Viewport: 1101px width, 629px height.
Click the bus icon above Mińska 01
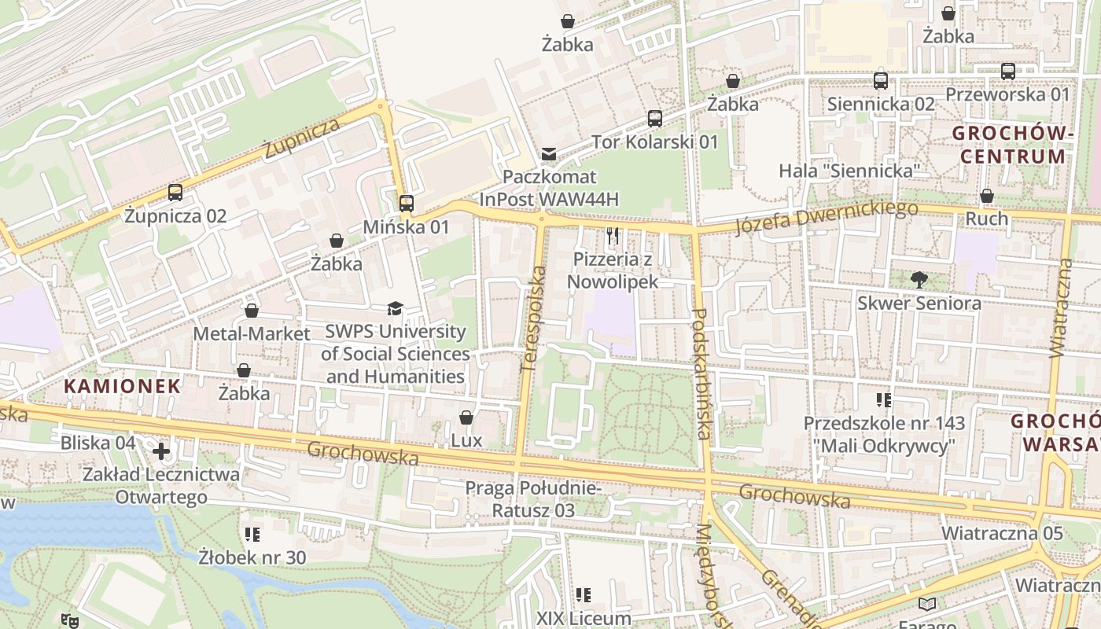point(406,204)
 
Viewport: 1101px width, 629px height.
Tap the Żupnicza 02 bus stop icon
point(175,193)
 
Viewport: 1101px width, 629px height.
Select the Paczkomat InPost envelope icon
point(549,154)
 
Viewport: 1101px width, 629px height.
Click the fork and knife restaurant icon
point(613,235)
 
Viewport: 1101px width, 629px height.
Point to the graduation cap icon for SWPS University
point(395,309)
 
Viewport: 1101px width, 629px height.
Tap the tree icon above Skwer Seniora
point(919,279)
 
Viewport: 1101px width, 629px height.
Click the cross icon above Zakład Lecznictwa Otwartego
point(161,451)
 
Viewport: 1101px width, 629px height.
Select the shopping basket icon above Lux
point(466,417)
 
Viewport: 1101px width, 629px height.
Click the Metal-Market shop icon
point(252,311)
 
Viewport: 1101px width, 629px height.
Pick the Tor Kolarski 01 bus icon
point(655,119)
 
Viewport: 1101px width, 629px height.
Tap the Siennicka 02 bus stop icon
point(881,81)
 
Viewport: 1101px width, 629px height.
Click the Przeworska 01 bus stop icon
point(1008,72)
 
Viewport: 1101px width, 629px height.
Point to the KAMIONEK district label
point(122,386)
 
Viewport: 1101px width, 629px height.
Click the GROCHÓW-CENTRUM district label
point(1013,145)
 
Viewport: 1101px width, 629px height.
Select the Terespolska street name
point(532,318)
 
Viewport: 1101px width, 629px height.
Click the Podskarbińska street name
point(701,373)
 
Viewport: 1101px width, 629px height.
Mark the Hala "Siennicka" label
point(849,171)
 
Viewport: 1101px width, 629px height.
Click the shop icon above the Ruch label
point(987,196)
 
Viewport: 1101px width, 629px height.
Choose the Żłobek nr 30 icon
point(252,535)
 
